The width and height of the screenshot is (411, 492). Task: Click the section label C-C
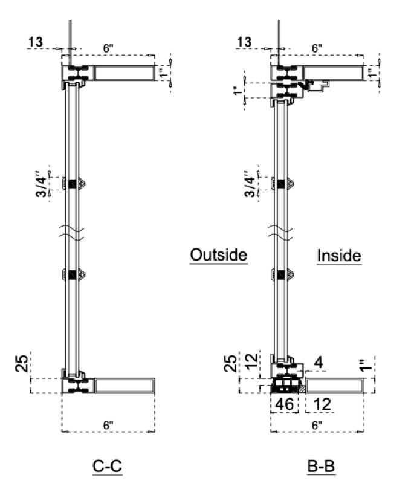point(108,466)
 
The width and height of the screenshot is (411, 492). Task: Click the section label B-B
point(321,466)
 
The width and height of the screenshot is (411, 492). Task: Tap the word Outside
point(219,254)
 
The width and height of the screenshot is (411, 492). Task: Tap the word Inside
point(339,256)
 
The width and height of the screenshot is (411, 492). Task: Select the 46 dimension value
point(284,404)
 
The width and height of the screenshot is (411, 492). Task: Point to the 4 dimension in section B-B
point(319,363)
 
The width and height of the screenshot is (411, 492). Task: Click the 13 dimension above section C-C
point(36,42)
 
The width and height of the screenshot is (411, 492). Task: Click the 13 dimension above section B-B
point(244,42)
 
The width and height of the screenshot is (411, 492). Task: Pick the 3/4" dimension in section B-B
point(250,184)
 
